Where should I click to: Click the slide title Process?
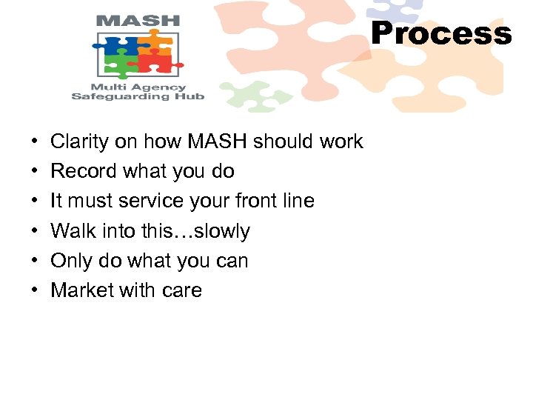(x=441, y=34)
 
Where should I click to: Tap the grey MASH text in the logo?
(x=138, y=20)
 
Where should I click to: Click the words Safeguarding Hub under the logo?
(x=138, y=96)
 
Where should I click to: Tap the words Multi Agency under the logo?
(x=138, y=85)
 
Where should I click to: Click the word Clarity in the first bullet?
(x=79, y=141)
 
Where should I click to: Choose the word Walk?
(x=70, y=231)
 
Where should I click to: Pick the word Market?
(x=81, y=290)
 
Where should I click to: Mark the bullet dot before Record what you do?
(x=36, y=172)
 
